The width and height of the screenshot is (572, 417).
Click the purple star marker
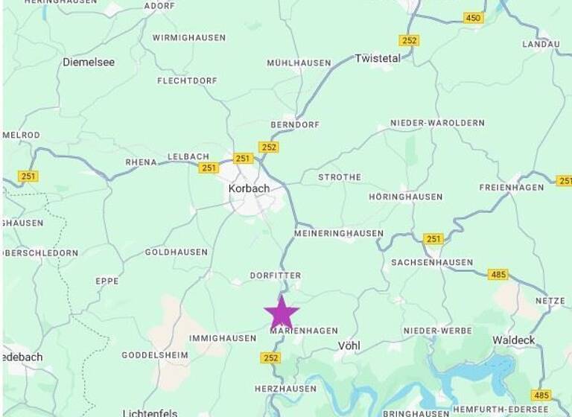[282, 312]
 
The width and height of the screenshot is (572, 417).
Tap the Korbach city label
[249, 189]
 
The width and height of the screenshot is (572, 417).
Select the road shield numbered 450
[473, 18]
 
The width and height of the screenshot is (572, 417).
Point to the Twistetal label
[378, 58]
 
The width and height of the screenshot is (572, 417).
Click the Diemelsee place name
[89, 63]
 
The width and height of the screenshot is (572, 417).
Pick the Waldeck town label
[513, 340]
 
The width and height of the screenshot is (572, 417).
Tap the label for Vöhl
[349, 346]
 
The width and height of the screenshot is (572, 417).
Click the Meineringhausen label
[338, 234]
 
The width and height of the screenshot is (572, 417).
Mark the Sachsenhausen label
[432, 263]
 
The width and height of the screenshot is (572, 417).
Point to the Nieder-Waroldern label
[437, 123]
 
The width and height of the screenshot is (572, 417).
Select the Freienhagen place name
[512, 188]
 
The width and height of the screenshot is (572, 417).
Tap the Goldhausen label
[177, 252]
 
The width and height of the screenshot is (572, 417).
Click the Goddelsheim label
[155, 355]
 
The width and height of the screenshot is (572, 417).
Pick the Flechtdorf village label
[187, 81]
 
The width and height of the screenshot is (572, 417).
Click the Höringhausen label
[406, 197]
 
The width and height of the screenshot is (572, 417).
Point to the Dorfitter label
[276, 276]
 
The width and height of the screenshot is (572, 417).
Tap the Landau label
[541, 45]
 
